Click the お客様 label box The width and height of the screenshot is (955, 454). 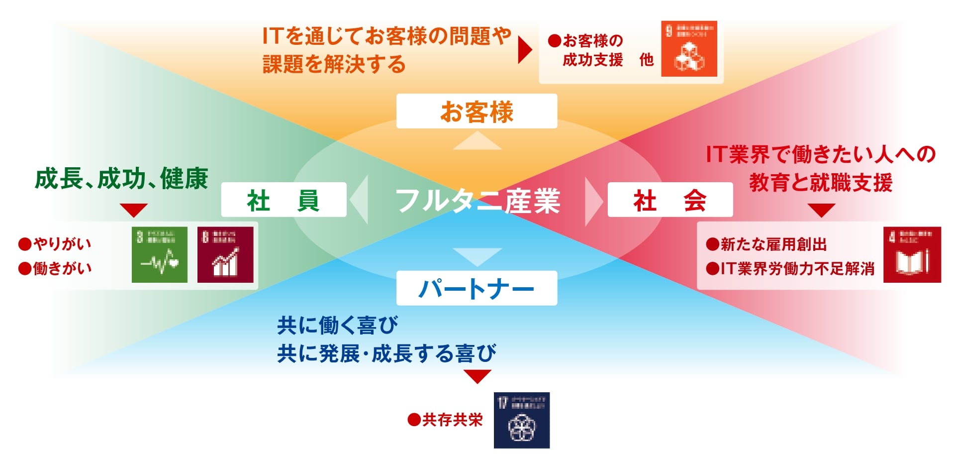pos(477,111)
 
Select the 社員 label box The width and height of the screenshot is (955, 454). pos(284,200)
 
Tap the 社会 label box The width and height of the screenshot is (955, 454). pos(670,200)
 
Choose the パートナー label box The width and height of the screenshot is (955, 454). pos(477,288)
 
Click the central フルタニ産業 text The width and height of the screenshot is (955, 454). pos(477,201)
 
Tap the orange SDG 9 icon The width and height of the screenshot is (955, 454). pos(689,49)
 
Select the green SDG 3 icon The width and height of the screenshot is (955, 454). pos(160,255)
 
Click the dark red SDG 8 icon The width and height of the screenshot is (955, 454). pos(225,255)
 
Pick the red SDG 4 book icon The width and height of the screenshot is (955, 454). pos(912,255)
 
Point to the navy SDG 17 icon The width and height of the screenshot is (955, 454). pos(522,420)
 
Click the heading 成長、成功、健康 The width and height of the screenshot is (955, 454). pos(121,179)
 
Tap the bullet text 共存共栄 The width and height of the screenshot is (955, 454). pos(452,420)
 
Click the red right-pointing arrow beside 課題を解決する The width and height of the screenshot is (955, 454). pos(524,49)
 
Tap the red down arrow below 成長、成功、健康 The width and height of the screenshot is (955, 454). pos(133,210)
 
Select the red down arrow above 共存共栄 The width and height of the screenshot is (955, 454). pos(477,376)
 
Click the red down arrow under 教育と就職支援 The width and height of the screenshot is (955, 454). pos(821,210)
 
